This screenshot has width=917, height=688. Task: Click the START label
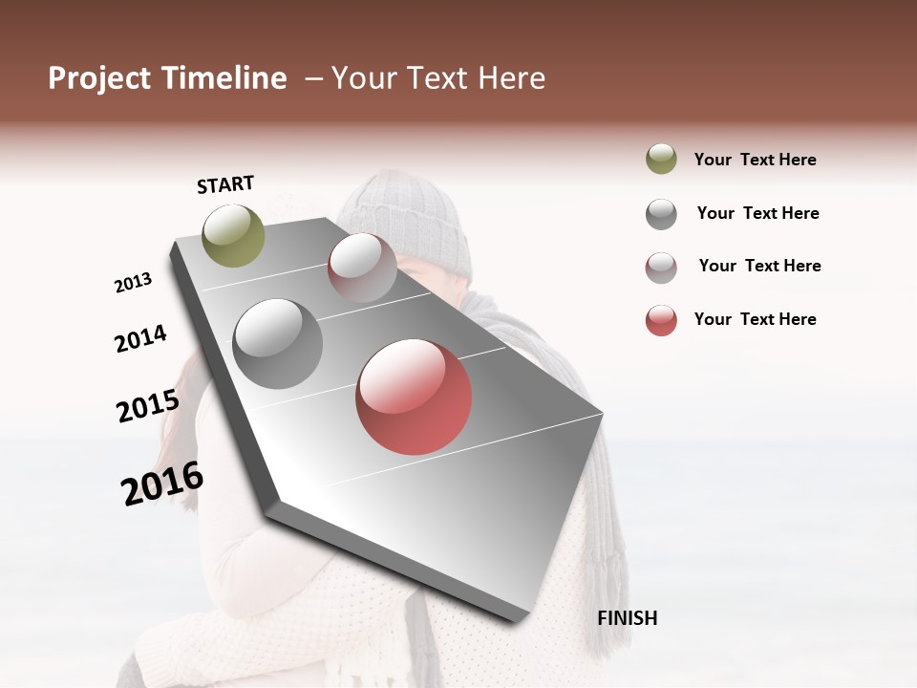coord(225,184)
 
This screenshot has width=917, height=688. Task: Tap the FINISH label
coord(627,618)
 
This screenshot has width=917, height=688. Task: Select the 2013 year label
coord(133,283)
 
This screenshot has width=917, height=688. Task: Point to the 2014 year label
coord(140,338)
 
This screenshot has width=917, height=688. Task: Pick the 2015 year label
coord(148,406)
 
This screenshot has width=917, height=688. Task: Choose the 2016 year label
coord(162,484)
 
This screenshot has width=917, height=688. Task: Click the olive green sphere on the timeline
coord(233,235)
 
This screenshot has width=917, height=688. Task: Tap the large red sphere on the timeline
coord(414,397)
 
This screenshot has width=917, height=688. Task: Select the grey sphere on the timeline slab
coord(277,343)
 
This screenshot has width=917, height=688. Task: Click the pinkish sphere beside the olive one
coord(362,268)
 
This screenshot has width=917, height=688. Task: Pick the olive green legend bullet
coord(661,160)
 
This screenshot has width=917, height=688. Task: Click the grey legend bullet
coord(661,214)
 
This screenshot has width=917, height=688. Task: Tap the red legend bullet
coord(661,320)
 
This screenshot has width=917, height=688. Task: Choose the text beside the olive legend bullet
coord(755,160)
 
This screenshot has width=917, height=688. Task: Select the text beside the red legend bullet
coord(755,319)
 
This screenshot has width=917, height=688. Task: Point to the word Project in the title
coord(98,78)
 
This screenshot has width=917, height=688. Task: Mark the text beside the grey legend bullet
coord(757,213)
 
